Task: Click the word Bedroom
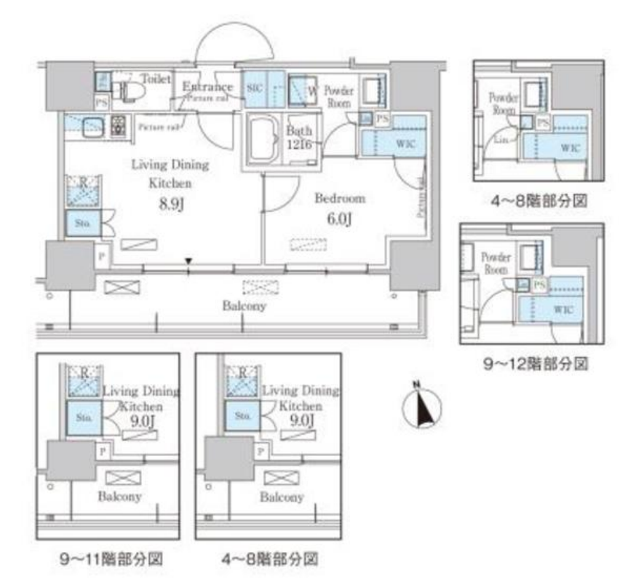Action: pyautogui.click(x=339, y=197)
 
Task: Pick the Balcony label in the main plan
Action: pyautogui.click(x=244, y=307)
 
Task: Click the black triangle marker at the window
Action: pyautogui.click(x=189, y=260)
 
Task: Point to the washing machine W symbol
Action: pyautogui.click(x=311, y=91)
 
